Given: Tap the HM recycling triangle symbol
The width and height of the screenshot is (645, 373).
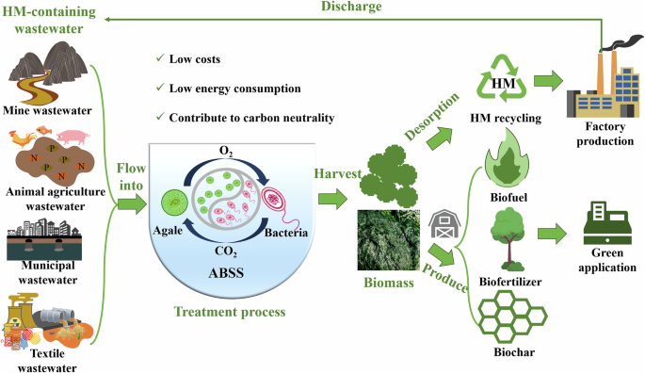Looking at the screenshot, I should (505, 82).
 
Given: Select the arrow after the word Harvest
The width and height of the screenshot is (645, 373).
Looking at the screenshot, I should (330, 199).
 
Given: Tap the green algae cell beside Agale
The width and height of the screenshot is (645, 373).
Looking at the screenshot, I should (172, 201).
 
